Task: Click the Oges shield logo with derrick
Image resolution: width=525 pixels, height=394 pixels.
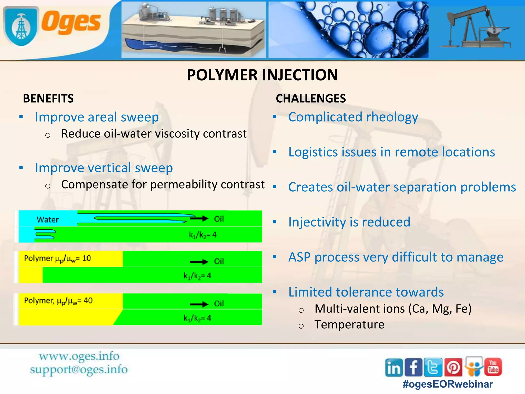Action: click(21, 27)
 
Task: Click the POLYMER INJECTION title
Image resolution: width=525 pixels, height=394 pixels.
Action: click(262, 75)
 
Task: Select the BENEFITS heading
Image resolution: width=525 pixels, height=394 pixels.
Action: click(48, 98)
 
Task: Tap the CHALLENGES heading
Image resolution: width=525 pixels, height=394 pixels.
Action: click(311, 98)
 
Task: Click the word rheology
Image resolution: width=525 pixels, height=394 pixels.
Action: click(392, 117)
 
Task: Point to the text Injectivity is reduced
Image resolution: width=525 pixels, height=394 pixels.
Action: click(349, 222)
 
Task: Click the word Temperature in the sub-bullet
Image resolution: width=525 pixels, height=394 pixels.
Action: click(349, 324)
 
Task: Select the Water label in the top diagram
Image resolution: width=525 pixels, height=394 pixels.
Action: click(48, 220)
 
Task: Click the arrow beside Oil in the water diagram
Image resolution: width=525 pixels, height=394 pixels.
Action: click(199, 219)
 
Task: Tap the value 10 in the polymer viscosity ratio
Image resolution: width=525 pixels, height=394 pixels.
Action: click(86, 258)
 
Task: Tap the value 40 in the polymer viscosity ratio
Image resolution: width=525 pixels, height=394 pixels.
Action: click(88, 300)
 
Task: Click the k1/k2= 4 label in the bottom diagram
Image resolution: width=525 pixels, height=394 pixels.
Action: click(197, 318)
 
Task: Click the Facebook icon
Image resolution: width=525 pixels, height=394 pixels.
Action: click(413, 367)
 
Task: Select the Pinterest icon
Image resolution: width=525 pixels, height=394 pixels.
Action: click(453, 367)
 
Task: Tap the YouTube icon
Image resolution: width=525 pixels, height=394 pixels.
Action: click(493, 367)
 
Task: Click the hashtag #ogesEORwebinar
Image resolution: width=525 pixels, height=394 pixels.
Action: click(448, 384)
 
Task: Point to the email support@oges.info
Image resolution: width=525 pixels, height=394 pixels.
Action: click(79, 370)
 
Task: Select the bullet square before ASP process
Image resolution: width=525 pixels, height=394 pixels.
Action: click(275, 257)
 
